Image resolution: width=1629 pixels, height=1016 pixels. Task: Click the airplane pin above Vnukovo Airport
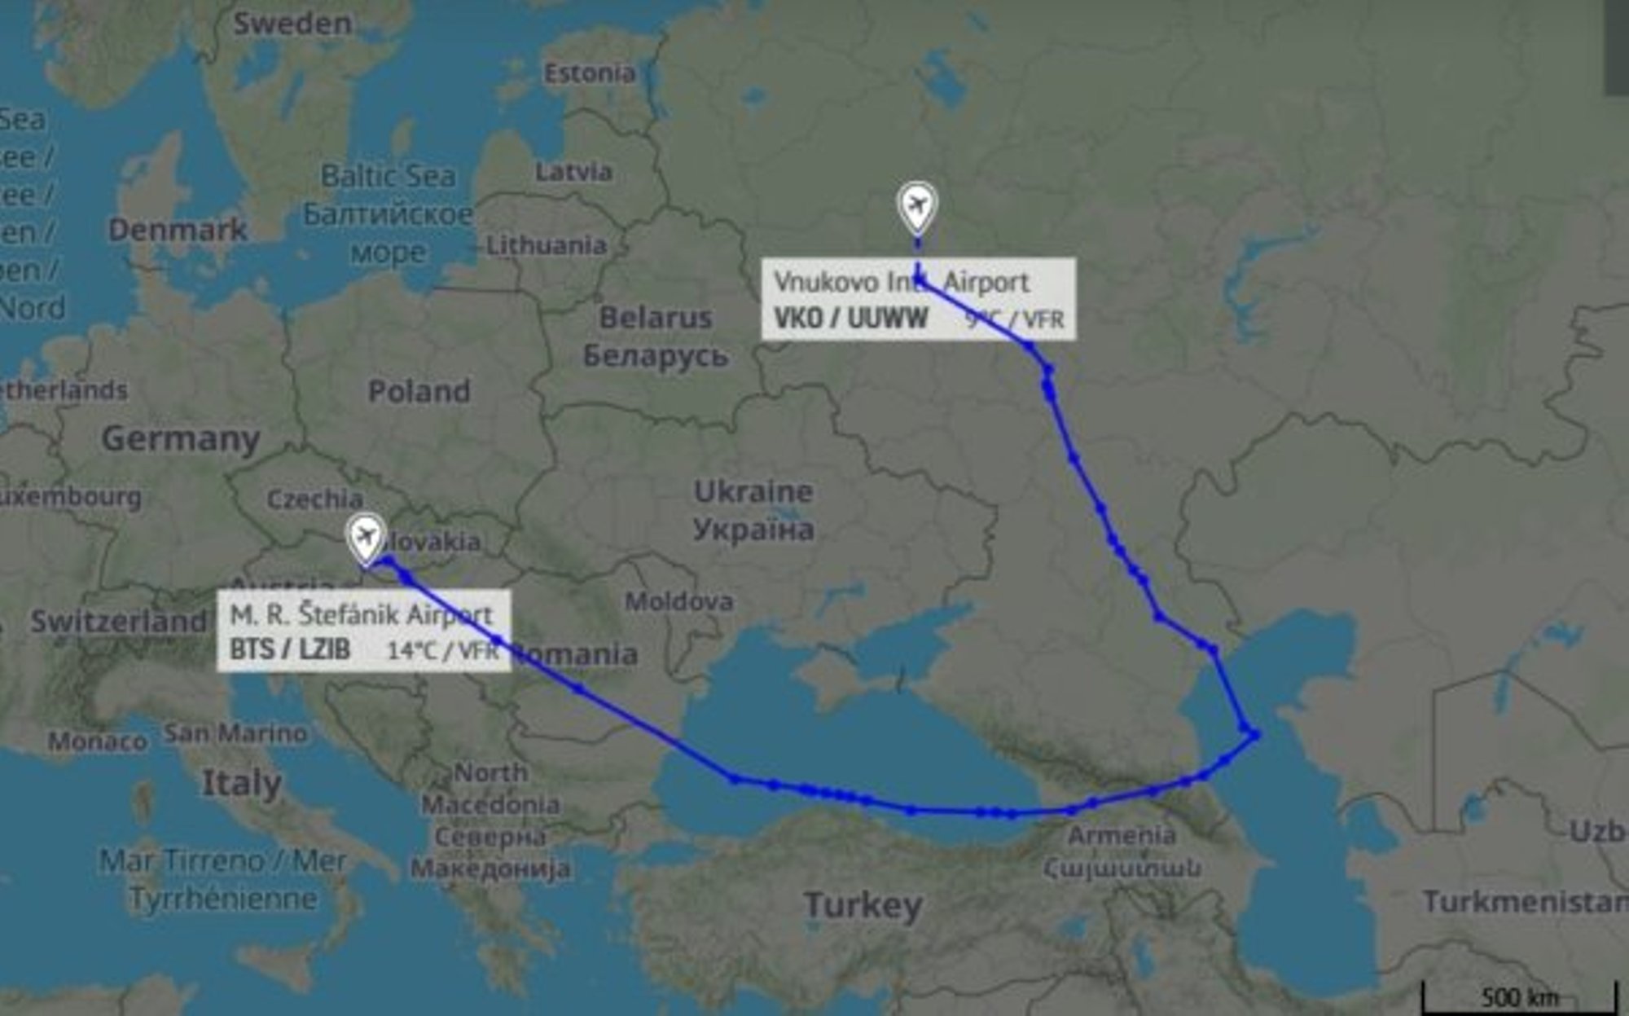pos(917,205)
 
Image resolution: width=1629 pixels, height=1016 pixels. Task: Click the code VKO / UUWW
pos(850,318)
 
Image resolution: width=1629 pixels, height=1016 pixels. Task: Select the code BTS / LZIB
pos(290,649)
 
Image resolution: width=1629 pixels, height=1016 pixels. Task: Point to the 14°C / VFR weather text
pos(442,650)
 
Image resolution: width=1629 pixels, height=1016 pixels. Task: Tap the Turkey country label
pos(863,905)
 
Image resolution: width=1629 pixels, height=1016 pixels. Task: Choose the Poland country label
pos(419,392)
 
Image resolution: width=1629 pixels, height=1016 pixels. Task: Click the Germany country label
pos(180,439)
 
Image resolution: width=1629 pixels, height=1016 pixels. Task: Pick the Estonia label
pos(590,73)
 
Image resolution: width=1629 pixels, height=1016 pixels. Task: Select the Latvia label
pos(573,172)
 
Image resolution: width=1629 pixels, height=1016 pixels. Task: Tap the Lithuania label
pos(546,245)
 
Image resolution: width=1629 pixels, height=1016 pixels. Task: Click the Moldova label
pos(678,602)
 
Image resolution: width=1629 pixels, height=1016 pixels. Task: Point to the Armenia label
pos(1122,835)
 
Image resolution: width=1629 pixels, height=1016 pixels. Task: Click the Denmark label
pos(178,230)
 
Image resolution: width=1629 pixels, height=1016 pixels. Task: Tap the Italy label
pos(241,784)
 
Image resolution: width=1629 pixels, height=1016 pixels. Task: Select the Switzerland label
pos(119,622)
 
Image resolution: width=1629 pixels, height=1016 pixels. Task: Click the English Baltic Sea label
pos(388,176)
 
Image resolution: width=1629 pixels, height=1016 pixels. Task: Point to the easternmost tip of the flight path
pos(1257,736)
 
